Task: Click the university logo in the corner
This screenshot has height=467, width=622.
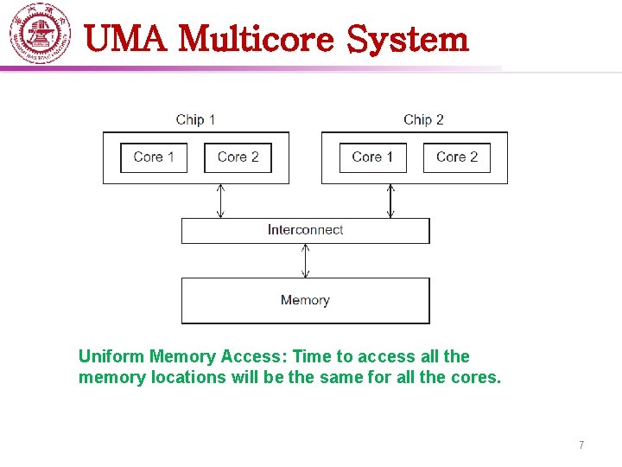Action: (x=40, y=33)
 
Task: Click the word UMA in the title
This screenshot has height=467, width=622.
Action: (x=125, y=38)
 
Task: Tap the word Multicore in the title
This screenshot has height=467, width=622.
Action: (x=257, y=38)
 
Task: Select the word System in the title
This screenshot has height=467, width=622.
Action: (x=408, y=39)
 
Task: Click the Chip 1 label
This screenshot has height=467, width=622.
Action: (x=195, y=119)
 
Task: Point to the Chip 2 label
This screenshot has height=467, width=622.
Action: (x=423, y=119)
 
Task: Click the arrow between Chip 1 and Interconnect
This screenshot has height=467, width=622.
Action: (x=220, y=201)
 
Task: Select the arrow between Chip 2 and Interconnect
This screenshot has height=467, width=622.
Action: (x=390, y=201)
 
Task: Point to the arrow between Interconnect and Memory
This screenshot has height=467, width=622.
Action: (x=305, y=261)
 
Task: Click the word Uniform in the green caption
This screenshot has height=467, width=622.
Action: (x=111, y=356)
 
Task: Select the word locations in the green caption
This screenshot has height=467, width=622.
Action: (x=188, y=377)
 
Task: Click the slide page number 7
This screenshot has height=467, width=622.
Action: (x=581, y=445)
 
